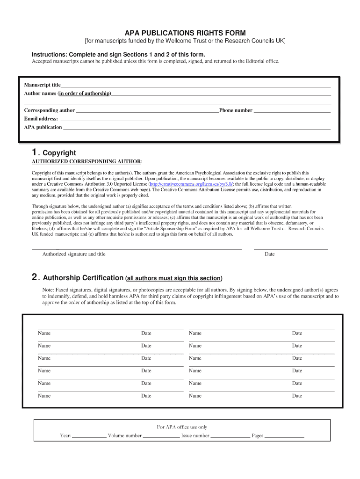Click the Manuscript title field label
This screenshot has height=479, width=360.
click(x=42, y=85)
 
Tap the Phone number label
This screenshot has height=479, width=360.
click(x=236, y=110)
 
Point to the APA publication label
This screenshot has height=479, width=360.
click(x=43, y=127)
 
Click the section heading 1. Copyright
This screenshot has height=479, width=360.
click(x=53, y=152)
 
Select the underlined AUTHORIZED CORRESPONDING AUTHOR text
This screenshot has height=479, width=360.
click(x=86, y=161)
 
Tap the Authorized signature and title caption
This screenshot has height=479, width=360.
click(x=74, y=254)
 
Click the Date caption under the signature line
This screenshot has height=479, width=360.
click(x=269, y=254)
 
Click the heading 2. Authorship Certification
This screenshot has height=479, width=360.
click(x=78, y=278)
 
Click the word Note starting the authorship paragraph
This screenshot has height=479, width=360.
click(x=48, y=290)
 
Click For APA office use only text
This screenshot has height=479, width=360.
click(x=182, y=427)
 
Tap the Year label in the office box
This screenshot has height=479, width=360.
click(x=65, y=436)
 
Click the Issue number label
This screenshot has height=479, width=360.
click(x=195, y=436)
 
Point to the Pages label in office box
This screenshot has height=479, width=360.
click(x=258, y=436)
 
